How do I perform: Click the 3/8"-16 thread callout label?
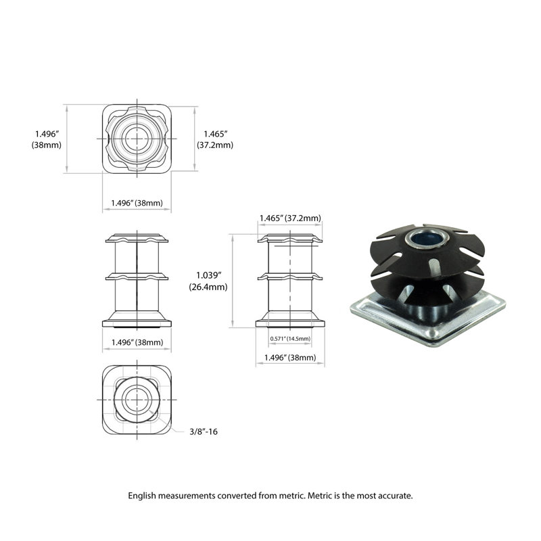[204, 431]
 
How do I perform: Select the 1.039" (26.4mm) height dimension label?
[208, 281]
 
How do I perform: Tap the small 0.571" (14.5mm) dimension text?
[290, 339]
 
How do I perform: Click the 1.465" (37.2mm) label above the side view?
[290, 218]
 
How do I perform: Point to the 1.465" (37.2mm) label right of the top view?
[215, 139]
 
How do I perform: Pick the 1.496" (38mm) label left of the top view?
[47, 139]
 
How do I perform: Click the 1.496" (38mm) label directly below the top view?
[137, 203]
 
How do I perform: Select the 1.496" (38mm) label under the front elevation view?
[137, 342]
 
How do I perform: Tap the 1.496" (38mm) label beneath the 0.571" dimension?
[290, 358]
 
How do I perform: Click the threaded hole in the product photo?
[427, 238]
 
